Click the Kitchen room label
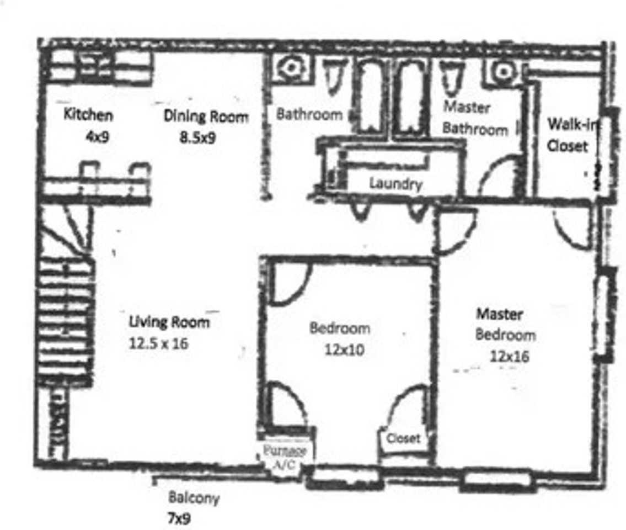(x=88, y=115)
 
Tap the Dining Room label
(x=206, y=116)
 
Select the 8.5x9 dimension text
(x=197, y=137)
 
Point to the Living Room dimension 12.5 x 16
(x=158, y=343)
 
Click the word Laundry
(x=395, y=183)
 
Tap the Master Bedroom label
(x=505, y=325)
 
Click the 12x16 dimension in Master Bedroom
(x=509, y=356)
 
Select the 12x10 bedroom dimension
(x=344, y=349)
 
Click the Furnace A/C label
(x=285, y=457)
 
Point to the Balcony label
(x=194, y=498)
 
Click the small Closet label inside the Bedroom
(x=403, y=438)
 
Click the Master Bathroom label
(x=474, y=118)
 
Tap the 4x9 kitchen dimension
(x=97, y=136)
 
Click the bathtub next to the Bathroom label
(x=371, y=97)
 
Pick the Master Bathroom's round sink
(x=502, y=72)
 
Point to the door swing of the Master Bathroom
(x=500, y=177)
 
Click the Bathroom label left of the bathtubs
(x=309, y=115)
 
